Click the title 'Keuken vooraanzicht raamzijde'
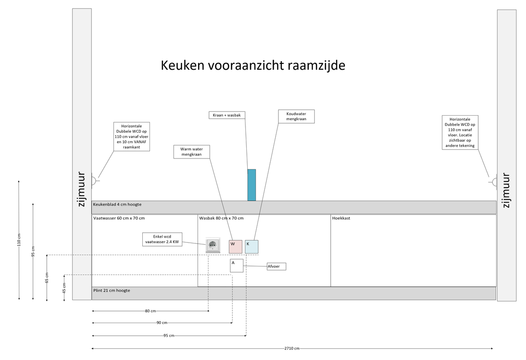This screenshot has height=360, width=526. coord(253,66)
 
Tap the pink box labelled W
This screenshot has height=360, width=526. coord(236,247)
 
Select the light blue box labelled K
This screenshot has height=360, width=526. coord(252,247)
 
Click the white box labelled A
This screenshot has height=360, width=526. coord(236,265)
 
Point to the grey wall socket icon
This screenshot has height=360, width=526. coord(213,245)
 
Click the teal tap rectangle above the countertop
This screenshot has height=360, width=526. coord(252,185)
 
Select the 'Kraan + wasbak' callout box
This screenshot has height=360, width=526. coord(227,115)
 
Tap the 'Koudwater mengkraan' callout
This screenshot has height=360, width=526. coord(296,116)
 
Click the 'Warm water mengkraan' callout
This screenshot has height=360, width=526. coord(191,152)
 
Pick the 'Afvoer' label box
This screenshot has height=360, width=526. coord(276,266)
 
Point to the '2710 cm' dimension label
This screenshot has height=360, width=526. coord(292,348)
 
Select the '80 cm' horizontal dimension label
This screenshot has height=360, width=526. coord(150,311)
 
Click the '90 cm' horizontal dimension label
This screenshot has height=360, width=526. coord(162,323)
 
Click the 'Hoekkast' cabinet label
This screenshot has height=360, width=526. coord(341,218)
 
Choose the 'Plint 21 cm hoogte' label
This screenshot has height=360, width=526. coord(112,291)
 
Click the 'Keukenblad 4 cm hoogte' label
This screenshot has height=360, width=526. coord(117,204)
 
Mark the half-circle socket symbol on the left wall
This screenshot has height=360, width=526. coord(94,181)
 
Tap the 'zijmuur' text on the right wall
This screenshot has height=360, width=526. coord(506,190)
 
